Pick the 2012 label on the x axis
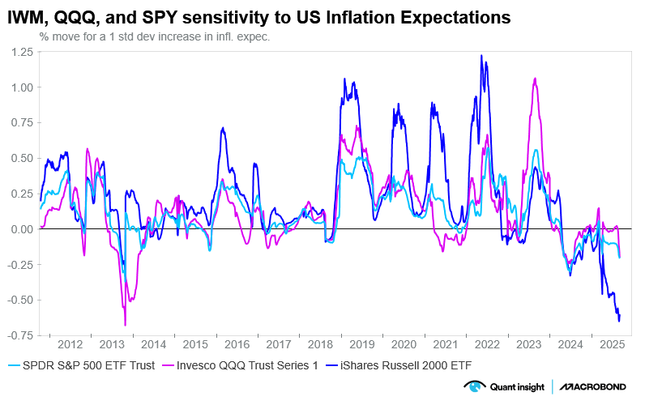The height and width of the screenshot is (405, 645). click(x=69, y=343)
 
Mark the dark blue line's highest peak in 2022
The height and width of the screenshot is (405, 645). click(x=481, y=55)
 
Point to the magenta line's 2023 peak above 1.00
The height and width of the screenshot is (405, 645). click(x=535, y=79)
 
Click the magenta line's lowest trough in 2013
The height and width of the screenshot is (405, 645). click(x=125, y=325)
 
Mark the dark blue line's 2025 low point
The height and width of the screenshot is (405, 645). click(x=619, y=322)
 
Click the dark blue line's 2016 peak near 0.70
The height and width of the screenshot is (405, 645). click(x=221, y=128)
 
